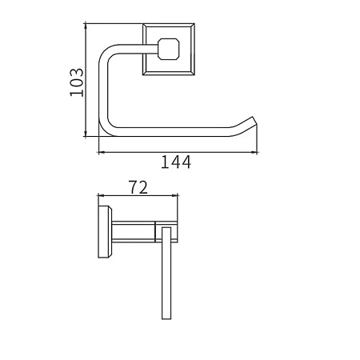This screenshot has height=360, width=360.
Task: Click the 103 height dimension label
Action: (77, 82)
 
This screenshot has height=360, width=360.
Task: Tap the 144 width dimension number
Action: (176, 162)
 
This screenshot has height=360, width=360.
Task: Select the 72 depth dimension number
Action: (138, 187)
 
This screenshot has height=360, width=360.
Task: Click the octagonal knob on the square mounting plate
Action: (169, 49)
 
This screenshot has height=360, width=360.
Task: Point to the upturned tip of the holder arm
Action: (253, 118)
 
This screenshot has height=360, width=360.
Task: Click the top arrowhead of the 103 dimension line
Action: (86, 26)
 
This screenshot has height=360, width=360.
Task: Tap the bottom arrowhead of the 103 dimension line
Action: (86, 134)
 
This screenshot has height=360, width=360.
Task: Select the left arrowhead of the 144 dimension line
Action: (102, 153)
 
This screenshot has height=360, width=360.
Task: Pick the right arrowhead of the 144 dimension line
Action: (254, 153)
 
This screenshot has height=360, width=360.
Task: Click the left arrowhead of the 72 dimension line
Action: (102, 196)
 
